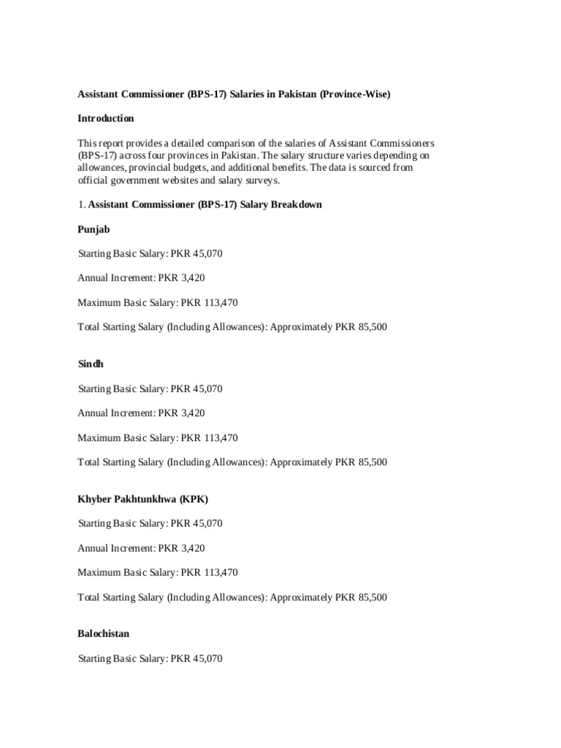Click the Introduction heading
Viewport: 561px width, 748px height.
(106, 118)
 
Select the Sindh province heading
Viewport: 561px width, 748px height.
(91, 365)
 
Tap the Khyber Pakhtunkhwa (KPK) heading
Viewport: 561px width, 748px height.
(143, 499)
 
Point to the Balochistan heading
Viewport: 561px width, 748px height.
(104, 633)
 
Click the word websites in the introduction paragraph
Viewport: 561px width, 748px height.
(205, 180)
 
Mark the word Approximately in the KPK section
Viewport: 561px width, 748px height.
(301, 598)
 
